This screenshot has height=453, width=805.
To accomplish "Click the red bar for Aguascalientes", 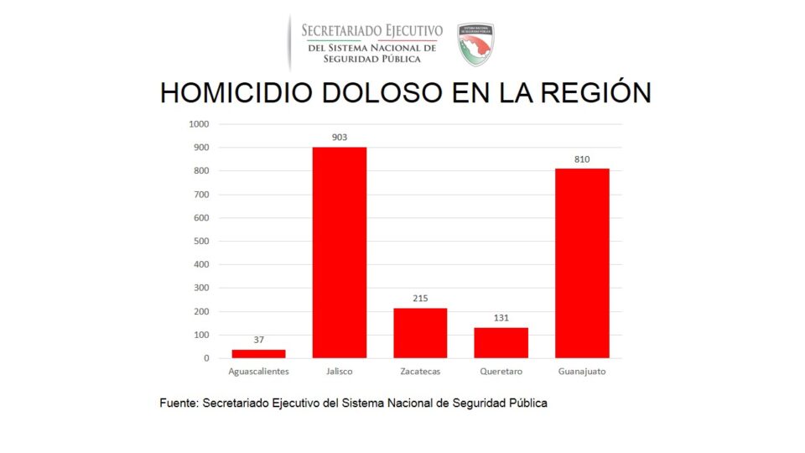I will [258, 353].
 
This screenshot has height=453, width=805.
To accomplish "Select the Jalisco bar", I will [339, 253].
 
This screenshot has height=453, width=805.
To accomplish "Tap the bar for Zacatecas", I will [420, 333].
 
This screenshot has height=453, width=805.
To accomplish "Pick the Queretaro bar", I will [501, 342].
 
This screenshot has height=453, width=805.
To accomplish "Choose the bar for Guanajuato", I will [582, 263].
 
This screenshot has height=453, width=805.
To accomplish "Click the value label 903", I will [339, 137].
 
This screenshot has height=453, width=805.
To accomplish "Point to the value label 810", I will [582, 159].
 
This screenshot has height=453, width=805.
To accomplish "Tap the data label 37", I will [258, 340].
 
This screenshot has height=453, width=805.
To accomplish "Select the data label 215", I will [420, 298].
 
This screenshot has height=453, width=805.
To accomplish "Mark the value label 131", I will [501, 318].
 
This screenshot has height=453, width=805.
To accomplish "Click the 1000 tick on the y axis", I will [199, 124].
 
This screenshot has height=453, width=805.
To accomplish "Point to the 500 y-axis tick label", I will [200, 242].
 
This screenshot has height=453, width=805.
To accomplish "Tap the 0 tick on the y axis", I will [206, 358].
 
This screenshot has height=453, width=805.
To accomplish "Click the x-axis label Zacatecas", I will [420, 371].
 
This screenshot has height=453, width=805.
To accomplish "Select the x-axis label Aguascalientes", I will [258, 371].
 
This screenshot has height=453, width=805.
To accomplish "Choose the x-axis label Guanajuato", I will [582, 371].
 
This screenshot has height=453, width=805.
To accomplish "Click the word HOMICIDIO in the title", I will [221, 92].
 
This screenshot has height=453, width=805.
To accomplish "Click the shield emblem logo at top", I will [475, 43].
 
